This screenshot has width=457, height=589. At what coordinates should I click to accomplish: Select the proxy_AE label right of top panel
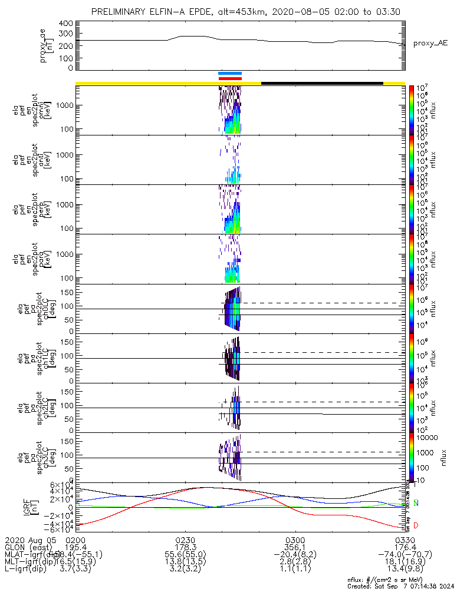[x=430, y=43]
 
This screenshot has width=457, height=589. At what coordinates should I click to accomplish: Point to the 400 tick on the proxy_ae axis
[x=65, y=23]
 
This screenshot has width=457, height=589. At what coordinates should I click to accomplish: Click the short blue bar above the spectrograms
[x=230, y=74]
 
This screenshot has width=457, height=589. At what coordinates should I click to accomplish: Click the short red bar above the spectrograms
[x=230, y=78]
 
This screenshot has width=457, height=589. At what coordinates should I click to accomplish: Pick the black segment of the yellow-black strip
[x=322, y=83]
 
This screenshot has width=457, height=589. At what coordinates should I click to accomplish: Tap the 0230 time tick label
[x=185, y=540]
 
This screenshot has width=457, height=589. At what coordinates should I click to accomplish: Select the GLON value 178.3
[x=185, y=547]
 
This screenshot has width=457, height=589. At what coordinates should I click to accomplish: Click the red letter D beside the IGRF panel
[x=416, y=525]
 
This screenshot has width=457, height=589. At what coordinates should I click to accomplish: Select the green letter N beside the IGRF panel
[x=416, y=503]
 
